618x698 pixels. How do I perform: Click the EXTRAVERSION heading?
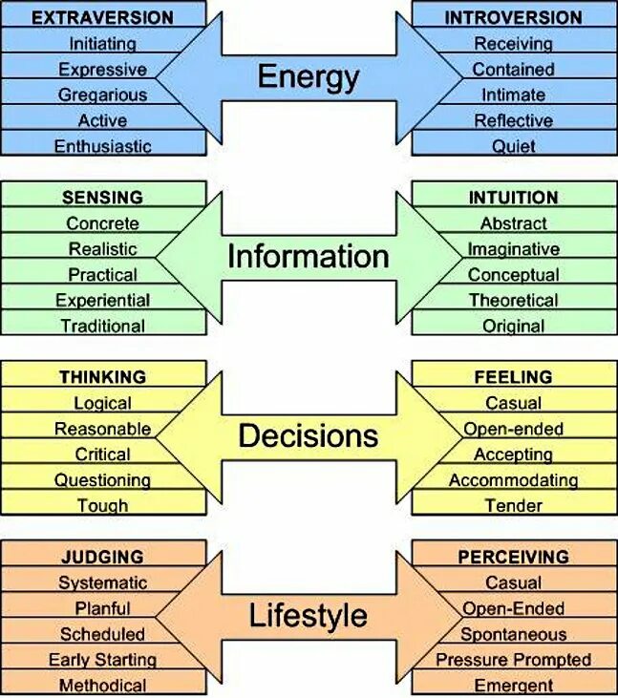102,17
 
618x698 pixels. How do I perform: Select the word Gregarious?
102,95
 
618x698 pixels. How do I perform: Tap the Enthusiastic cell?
102,146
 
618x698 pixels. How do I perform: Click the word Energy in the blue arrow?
308,76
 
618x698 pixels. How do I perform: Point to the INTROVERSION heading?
513,17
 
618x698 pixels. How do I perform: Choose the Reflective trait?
513,120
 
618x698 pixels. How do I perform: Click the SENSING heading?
102,198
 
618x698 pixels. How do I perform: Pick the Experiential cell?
102,300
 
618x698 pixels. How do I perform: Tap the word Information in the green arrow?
308,256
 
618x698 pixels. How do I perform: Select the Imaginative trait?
513,249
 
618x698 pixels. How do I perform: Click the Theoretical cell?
513,300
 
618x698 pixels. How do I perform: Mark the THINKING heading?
102,377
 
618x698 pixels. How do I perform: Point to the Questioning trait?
102,480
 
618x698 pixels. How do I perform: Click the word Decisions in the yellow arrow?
308,436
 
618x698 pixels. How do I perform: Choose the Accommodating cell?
513,480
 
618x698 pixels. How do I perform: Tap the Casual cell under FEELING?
513,403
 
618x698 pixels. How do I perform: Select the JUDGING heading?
102,557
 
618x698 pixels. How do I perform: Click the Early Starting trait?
102,660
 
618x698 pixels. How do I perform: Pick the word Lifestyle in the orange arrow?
308,616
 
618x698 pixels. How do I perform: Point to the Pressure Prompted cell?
513,660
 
